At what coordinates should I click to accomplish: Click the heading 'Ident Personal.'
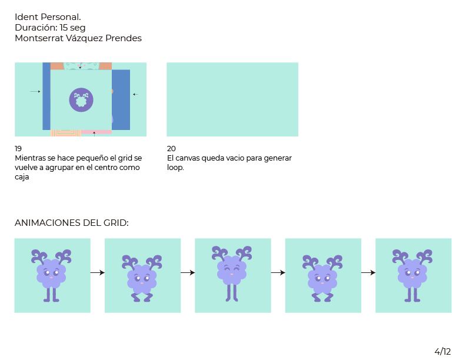click(x=48, y=17)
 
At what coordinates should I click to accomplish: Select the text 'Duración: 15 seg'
click(x=50, y=28)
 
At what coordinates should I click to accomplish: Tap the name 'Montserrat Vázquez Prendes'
click(x=78, y=38)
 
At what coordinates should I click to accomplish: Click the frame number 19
click(x=18, y=148)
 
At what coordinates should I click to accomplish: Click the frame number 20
click(x=171, y=148)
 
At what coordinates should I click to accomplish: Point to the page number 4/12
click(x=442, y=351)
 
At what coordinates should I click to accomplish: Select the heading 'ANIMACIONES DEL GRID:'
click(x=71, y=223)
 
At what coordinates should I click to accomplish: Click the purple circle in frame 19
click(x=81, y=100)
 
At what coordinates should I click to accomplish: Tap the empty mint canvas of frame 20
click(x=232, y=99)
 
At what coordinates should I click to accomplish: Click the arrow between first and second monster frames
click(x=98, y=272)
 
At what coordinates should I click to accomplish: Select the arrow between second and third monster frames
click(x=188, y=272)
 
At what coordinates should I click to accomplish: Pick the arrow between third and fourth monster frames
click(x=278, y=272)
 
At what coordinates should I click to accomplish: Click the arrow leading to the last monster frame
click(x=368, y=272)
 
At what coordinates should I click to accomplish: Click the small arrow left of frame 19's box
click(x=35, y=91)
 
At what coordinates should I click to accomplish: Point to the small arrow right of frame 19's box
click(x=136, y=94)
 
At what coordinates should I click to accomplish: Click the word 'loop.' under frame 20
click(x=175, y=168)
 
